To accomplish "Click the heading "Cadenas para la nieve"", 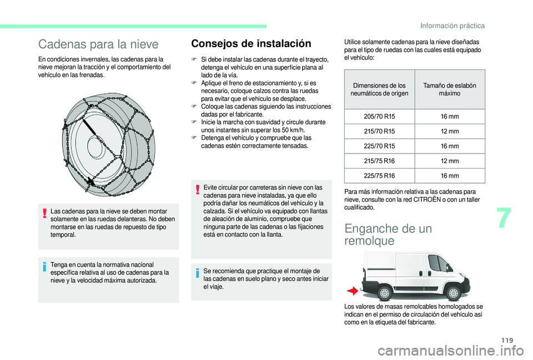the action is (x=98, y=44).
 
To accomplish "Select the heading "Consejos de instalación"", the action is (x=251, y=43).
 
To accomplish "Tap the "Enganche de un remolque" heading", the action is (x=388, y=234).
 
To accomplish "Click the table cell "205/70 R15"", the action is (x=379, y=116).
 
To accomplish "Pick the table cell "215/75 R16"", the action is (x=379, y=161).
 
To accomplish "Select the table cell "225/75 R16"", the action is (x=379, y=176).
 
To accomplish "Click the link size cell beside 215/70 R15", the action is (x=450, y=131).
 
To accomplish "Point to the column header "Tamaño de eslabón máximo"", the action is (x=450, y=89).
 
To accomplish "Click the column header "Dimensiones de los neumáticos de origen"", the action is (x=379, y=89).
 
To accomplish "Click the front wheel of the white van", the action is (x=453, y=292).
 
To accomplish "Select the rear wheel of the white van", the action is (x=385, y=292).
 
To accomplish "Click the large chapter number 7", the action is (x=504, y=218).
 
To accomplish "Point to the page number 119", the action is (x=507, y=341).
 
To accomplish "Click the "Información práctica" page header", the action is (x=452, y=26).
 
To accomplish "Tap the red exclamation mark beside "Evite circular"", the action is (x=197, y=189).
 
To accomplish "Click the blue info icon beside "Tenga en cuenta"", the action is (x=44, y=267).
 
